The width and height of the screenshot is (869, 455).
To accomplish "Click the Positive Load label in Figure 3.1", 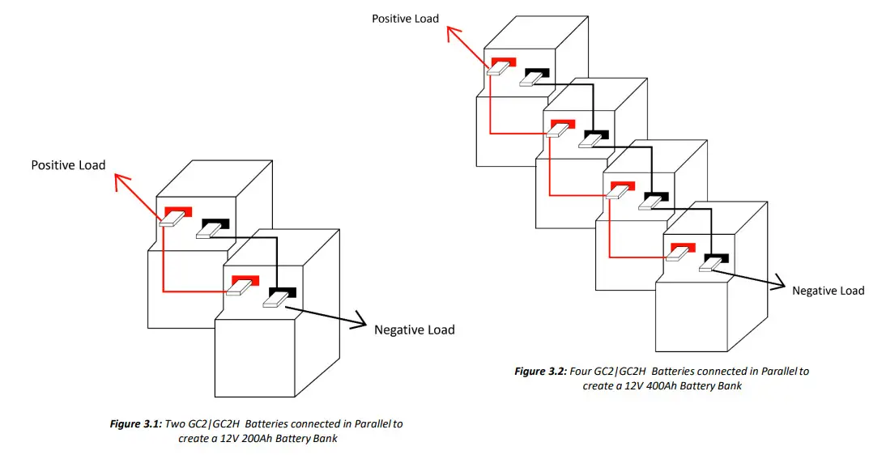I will pos(68,165).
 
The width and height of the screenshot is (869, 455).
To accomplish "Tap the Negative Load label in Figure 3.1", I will pos(414,330).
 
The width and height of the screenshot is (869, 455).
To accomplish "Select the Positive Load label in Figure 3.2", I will pos(405,18).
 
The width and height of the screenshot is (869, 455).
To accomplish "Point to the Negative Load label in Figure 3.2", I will pos(828,291).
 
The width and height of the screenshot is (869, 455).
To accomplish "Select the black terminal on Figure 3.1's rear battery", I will pos(216,224).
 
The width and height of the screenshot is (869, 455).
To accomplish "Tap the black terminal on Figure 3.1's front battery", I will pos(283,293).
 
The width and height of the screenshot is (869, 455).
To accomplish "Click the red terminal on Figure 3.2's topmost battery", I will pos(504,63).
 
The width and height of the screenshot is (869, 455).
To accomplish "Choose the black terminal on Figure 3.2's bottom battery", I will pos(717,258).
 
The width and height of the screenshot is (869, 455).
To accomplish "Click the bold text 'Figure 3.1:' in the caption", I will pos(135,423).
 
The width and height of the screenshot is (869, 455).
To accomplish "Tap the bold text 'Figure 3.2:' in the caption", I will pos(540,372).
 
